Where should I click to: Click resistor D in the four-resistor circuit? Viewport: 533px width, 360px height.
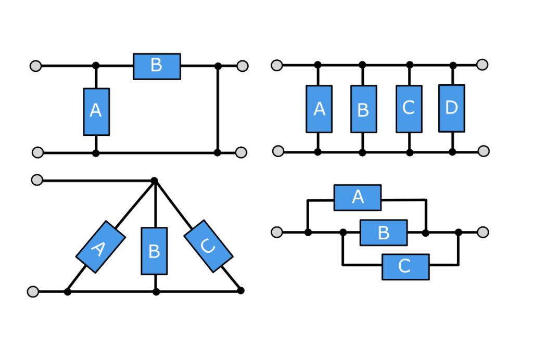point(452,108)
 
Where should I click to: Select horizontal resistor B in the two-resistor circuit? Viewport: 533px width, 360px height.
point(157,66)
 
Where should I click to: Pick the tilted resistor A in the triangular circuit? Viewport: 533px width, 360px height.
point(100,247)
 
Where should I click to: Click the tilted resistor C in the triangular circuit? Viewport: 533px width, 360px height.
point(208,246)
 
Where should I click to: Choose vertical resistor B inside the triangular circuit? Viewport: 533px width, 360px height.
point(154,251)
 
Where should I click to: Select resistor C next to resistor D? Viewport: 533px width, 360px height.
point(409,109)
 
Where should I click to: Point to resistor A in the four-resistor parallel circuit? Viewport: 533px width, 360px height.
point(319,109)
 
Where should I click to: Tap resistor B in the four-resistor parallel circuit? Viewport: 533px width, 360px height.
point(363,109)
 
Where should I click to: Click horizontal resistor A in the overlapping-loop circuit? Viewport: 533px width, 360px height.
point(358,197)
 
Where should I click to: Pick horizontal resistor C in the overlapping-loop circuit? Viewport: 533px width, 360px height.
point(405,267)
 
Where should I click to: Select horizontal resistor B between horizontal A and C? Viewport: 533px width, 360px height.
point(384,232)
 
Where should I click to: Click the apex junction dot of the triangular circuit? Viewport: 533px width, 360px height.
point(154,181)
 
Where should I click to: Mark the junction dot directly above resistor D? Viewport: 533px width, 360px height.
point(453,66)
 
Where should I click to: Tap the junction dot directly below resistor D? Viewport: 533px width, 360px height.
point(452,152)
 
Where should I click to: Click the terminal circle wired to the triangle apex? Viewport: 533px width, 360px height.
point(37,180)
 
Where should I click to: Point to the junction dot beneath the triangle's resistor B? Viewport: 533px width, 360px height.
point(156,292)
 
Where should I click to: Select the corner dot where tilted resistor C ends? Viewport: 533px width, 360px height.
point(240,290)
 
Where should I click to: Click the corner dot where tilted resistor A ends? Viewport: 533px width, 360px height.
point(68,292)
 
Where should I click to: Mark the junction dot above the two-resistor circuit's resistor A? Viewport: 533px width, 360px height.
point(96,66)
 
